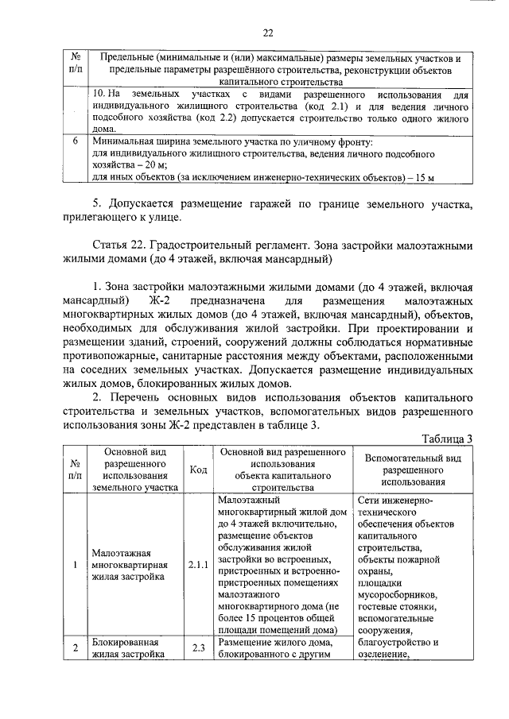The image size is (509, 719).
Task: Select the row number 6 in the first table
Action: [74, 141]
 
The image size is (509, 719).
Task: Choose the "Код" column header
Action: [198, 470]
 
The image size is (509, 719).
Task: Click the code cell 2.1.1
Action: [198, 565]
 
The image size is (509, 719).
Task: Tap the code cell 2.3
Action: [198, 647]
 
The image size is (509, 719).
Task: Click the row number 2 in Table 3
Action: [74, 647]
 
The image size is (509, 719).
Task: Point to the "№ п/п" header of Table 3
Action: [74, 470]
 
